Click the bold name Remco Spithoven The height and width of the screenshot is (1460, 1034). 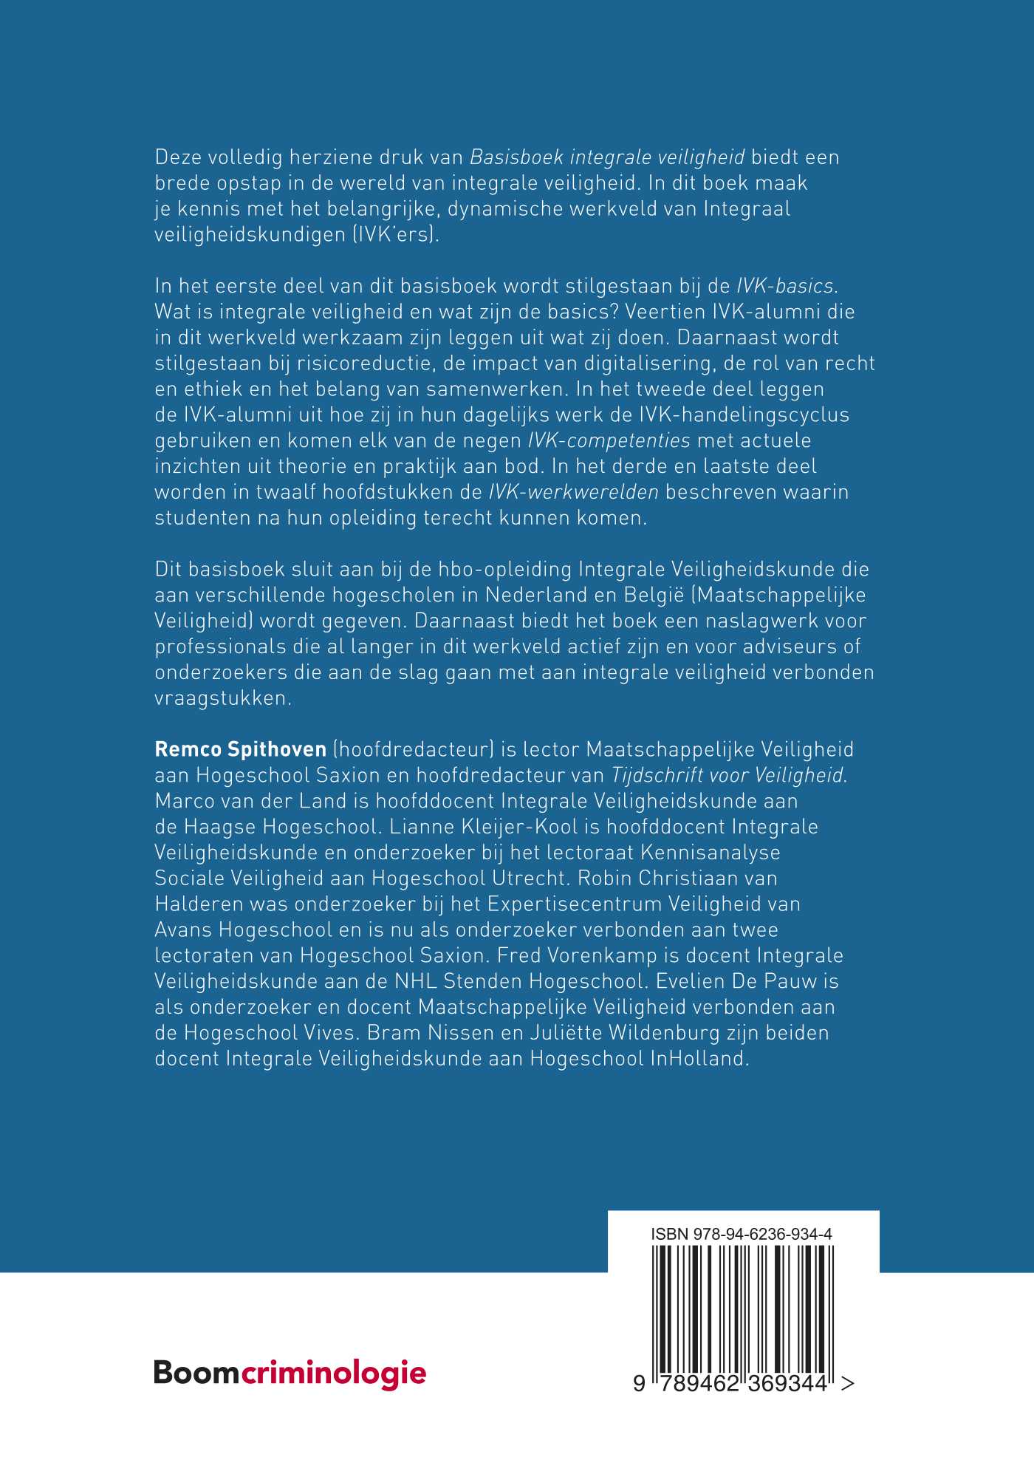[240, 749]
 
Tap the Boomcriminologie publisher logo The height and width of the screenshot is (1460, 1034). [290, 1373]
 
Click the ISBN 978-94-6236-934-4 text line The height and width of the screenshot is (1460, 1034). [742, 1234]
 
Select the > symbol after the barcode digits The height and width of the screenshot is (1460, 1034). [848, 1383]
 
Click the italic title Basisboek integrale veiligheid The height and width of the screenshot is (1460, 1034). [607, 157]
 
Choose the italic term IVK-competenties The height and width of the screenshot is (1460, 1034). [609, 440]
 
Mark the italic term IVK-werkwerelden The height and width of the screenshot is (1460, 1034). [574, 492]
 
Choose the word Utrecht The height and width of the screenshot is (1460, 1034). [525, 878]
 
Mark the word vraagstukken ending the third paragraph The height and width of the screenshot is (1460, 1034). [223, 697]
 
